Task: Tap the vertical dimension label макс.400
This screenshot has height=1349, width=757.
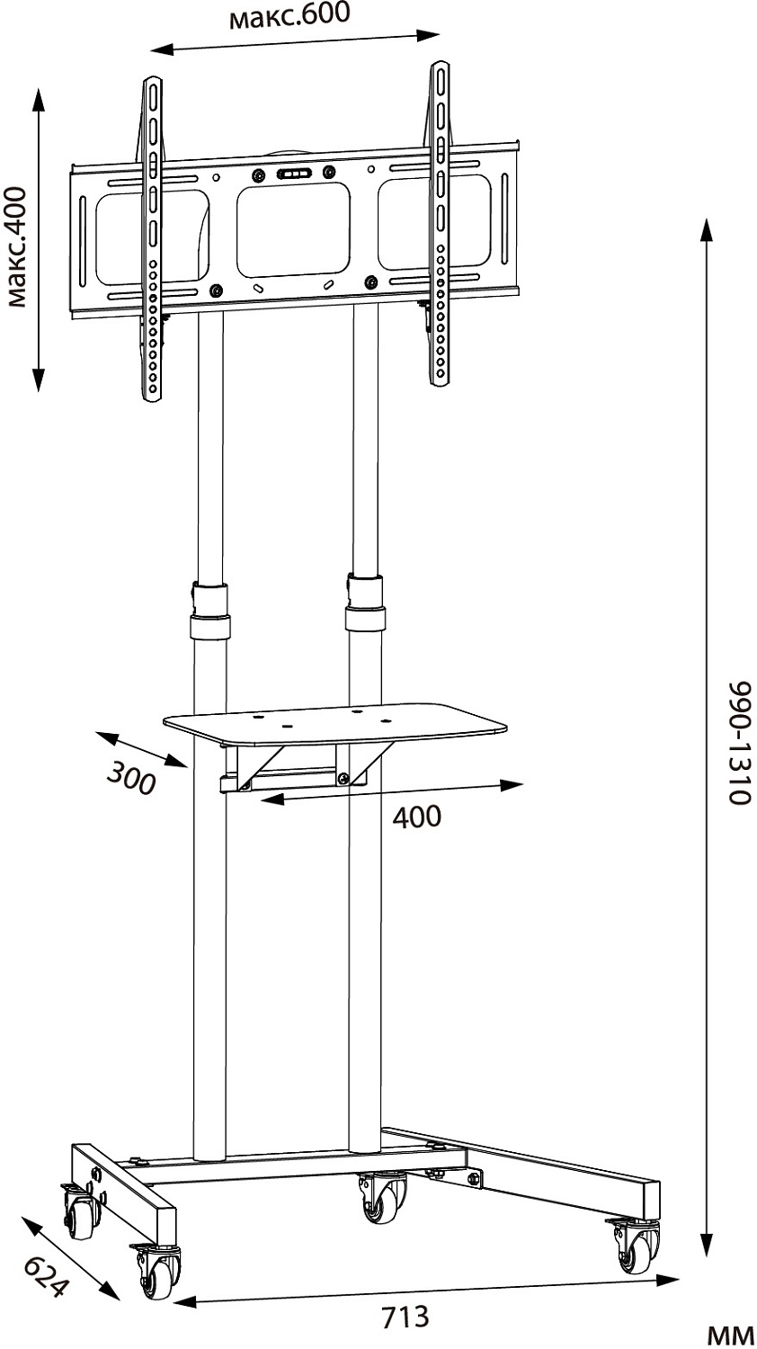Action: coord(16,247)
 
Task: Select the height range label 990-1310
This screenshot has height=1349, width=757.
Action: coord(739,743)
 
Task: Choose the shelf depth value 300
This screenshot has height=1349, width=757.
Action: coord(131,778)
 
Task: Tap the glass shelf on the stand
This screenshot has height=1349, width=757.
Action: coord(334,721)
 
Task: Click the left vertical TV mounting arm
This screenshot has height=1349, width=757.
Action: coord(152,238)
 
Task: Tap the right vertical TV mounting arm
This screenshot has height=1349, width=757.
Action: coord(440,223)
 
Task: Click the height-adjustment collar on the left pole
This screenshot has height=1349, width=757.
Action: coord(210,610)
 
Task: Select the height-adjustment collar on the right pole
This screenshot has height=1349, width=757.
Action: coord(365,602)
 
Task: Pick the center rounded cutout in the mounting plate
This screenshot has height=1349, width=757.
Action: coord(293,229)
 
